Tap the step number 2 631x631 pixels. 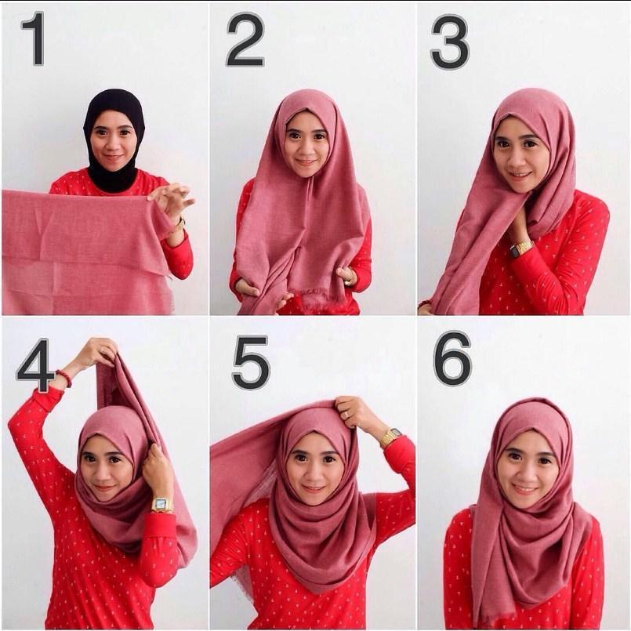245,39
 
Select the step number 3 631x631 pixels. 450,42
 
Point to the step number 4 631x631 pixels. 35,365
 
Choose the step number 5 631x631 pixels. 251,363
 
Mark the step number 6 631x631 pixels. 452,359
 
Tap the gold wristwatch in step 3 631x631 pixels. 521,248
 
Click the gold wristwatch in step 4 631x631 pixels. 161,505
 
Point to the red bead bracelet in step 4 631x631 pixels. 65,378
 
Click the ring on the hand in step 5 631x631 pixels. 345,415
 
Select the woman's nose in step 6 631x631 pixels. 527,474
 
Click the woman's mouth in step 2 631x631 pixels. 306,162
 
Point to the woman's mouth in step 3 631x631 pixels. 519,175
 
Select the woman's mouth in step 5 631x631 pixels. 314,488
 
